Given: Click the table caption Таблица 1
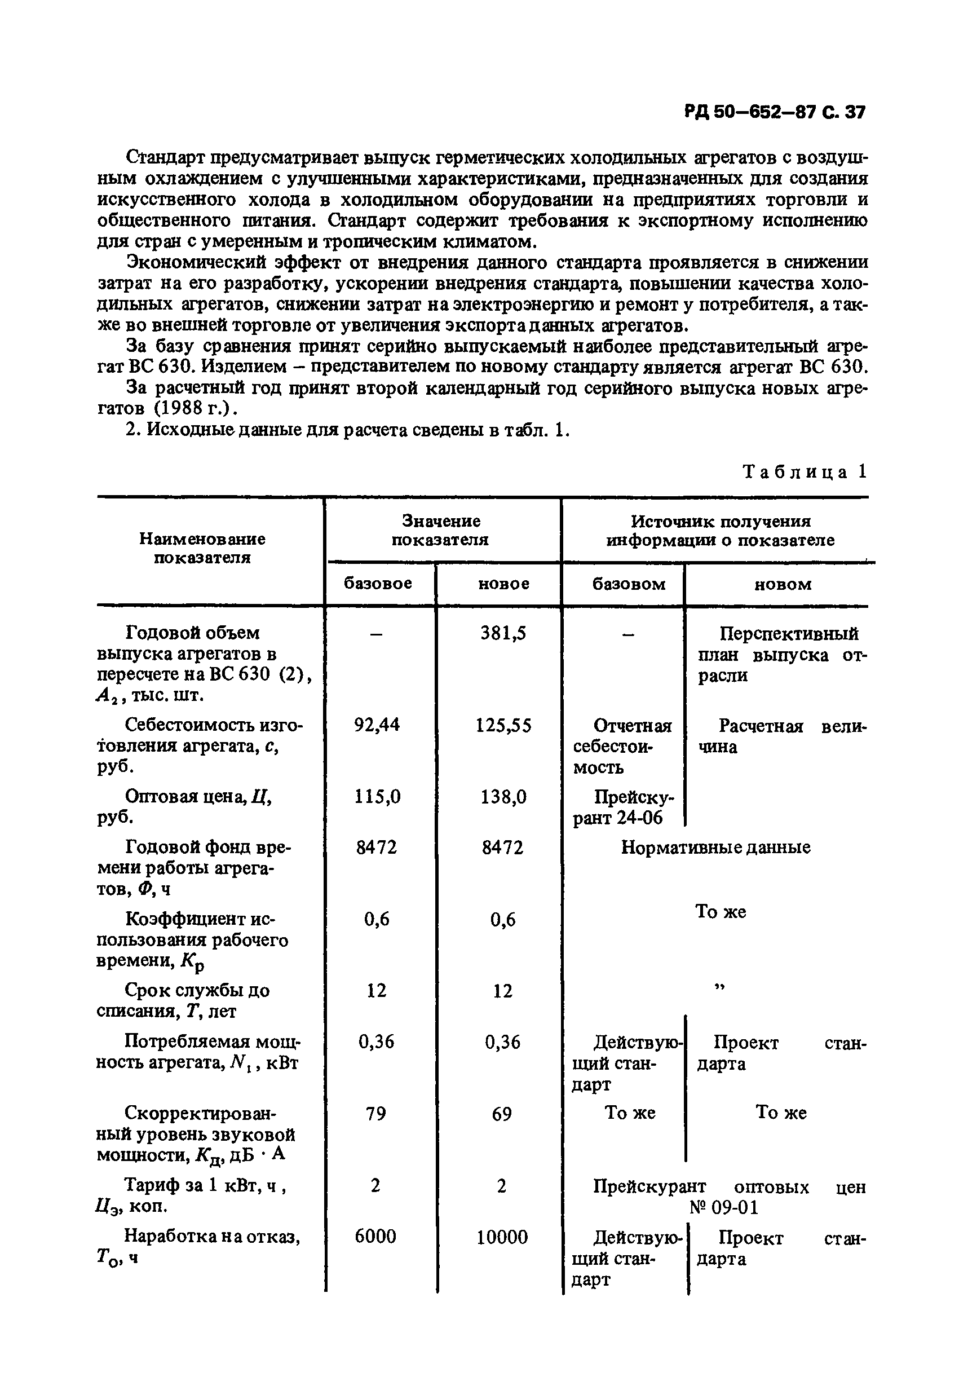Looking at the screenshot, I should point(805,471).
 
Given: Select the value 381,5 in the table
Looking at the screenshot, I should point(503,633).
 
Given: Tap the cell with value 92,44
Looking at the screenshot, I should point(377,725).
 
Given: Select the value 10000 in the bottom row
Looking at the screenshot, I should point(502,1237).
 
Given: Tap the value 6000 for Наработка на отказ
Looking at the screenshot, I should point(375,1237).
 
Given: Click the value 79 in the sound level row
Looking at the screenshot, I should point(375,1114).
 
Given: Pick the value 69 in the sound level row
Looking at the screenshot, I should point(502,1114).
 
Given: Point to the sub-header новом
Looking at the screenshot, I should point(783,584).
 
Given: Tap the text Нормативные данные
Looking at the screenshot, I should point(715,848).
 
